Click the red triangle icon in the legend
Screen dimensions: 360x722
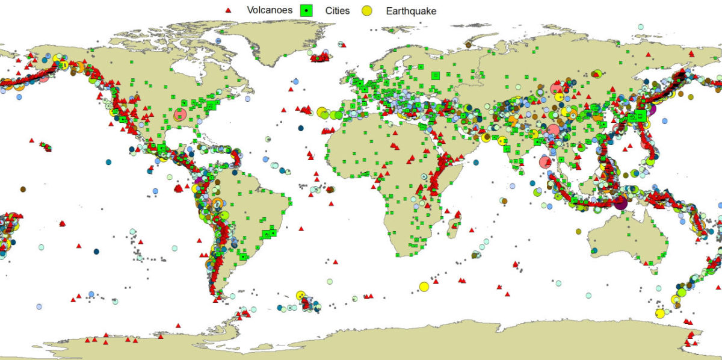click(227, 11)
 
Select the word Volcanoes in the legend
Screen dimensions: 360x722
click(270, 11)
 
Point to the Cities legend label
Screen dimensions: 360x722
click(337, 11)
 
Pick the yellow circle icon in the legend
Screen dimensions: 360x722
click(366, 11)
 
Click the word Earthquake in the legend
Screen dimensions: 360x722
click(411, 11)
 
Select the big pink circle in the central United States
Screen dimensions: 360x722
click(180, 114)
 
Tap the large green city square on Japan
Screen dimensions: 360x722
click(641, 115)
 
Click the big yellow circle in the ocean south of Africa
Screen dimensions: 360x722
click(424, 286)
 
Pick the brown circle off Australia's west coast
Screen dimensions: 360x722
click(579, 231)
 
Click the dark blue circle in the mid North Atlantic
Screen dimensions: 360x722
click(301, 128)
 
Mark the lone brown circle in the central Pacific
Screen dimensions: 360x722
click(23, 189)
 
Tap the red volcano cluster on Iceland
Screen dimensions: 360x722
click(321, 57)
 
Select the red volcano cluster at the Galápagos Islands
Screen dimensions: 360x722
click(178, 188)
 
